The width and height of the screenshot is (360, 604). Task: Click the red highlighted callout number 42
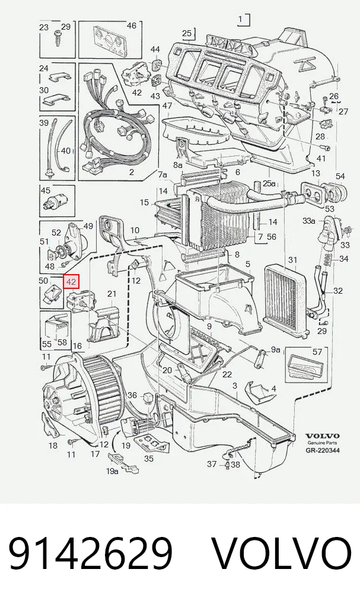click(x=71, y=282)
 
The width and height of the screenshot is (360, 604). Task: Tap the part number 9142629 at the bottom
click(x=91, y=554)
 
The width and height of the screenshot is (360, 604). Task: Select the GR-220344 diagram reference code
click(x=323, y=450)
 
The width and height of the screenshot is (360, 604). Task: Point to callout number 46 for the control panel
click(x=131, y=26)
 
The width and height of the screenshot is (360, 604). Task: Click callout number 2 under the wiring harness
click(x=131, y=172)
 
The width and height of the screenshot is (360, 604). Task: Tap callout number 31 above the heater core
click(x=293, y=260)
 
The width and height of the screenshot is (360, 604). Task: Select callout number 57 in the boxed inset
click(x=317, y=351)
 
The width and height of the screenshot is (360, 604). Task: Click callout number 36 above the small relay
click(x=132, y=395)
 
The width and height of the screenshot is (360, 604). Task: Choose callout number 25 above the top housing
click(x=187, y=33)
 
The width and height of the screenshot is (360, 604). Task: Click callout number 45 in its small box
click(x=46, y=190)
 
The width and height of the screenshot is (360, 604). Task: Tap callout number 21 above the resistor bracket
click(x=111, y=294)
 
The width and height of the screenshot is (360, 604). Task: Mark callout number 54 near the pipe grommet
click(x=340, y=176)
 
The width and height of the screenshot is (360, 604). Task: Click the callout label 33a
click(x=309, y=221)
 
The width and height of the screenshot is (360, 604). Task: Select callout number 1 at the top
click(x=241, y=18)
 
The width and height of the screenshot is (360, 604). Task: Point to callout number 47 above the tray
click(x=167, y=106)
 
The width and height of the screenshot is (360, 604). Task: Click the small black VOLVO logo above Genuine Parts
click(x=323, y=436)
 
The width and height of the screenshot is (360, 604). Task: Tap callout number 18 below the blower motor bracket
click(x=53, y=446)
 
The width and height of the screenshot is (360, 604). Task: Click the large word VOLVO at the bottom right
click(x=282, y=554)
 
